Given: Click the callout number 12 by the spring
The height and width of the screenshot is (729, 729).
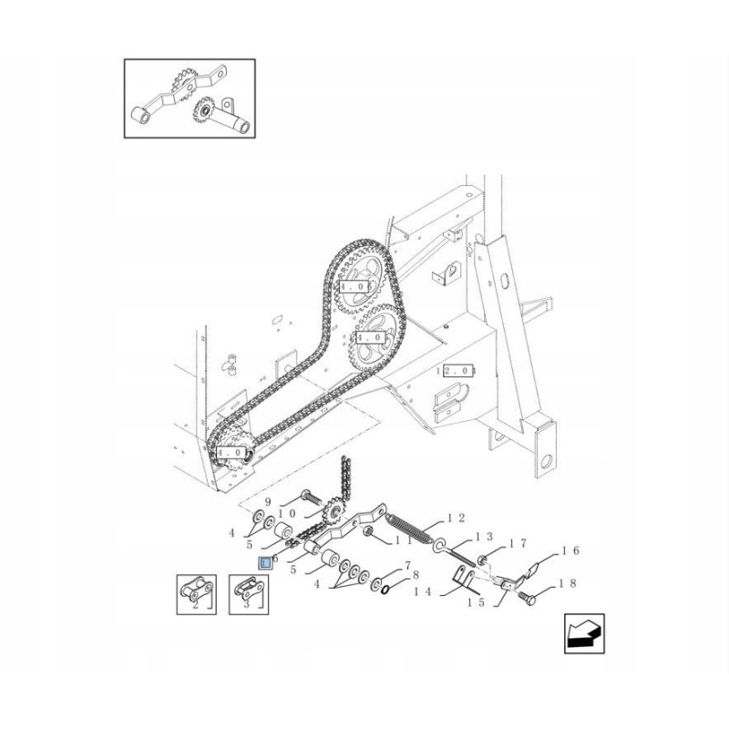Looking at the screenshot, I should pyautogui.click(x=457, y=519).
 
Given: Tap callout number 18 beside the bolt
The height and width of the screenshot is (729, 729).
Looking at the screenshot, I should pyautogui.click(x=570, y=583).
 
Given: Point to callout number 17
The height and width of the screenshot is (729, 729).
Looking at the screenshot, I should pyautogui.click(x=518, y=544).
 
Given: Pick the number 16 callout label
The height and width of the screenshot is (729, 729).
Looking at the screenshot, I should pyautogui.click(x=570, y=550).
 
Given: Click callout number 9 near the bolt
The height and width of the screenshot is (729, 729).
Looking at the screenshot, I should pyautogui.click(x=268, y=502).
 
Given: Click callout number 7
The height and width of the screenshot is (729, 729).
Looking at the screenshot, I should pyautogui.click(x=406, y=566).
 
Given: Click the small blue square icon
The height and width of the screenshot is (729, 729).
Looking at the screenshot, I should pyautogui.click(x=266, y=562).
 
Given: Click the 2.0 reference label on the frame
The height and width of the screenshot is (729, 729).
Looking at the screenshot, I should pyautogui.click(x=456, y=371).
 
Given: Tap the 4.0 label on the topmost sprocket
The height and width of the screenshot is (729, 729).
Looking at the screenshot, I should pyautogui.click(x=352, y=287).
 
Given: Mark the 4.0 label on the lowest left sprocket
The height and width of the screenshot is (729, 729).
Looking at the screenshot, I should pyautogui.click(x=230, y=451).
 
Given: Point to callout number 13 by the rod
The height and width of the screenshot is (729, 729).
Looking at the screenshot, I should pyautogui.click(x=484, y=537).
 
